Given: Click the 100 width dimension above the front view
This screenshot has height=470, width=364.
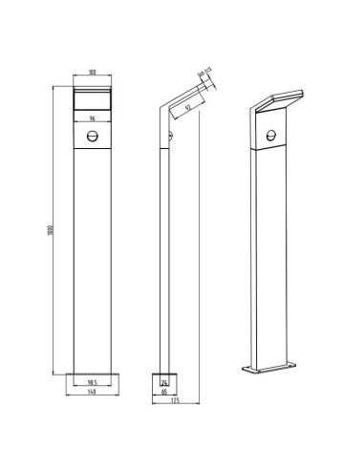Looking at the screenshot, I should pos(93,71).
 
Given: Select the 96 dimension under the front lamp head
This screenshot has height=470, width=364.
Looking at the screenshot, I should pos(93,117).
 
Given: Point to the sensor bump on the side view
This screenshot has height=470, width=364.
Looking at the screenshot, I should pos(169,139).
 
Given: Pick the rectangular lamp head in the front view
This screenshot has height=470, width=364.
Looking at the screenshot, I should pos(93,98).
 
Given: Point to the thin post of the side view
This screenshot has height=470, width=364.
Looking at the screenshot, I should pos(160,258).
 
